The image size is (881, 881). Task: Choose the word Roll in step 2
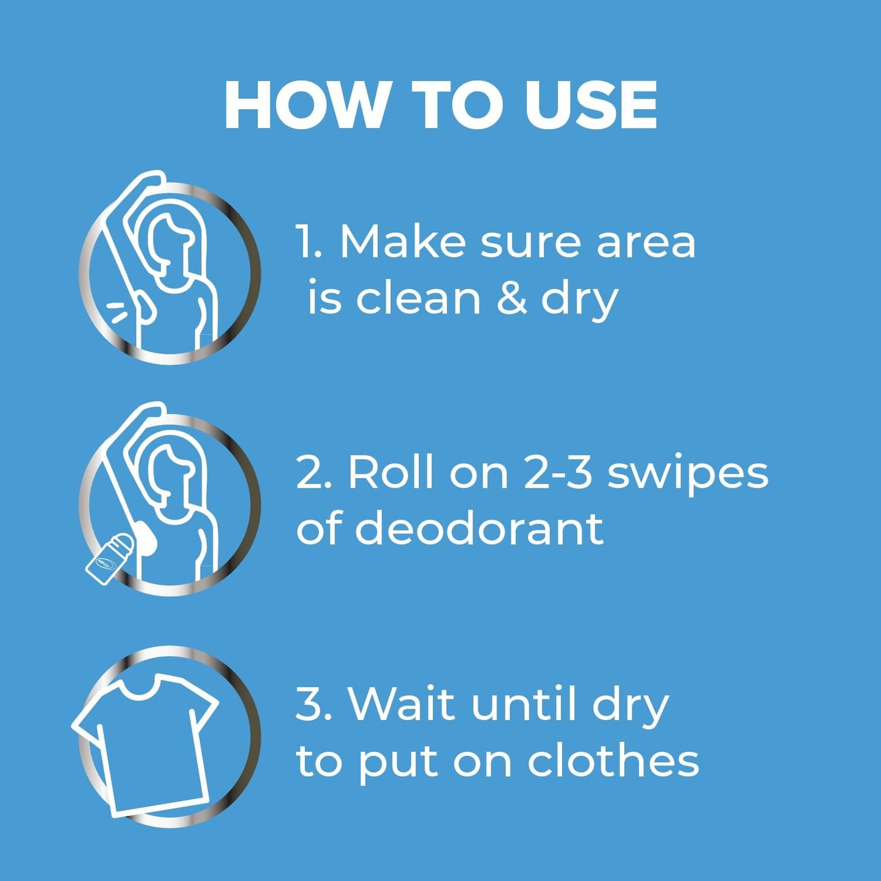tap(390, 473)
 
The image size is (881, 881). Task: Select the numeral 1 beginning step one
tap(305, 242)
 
